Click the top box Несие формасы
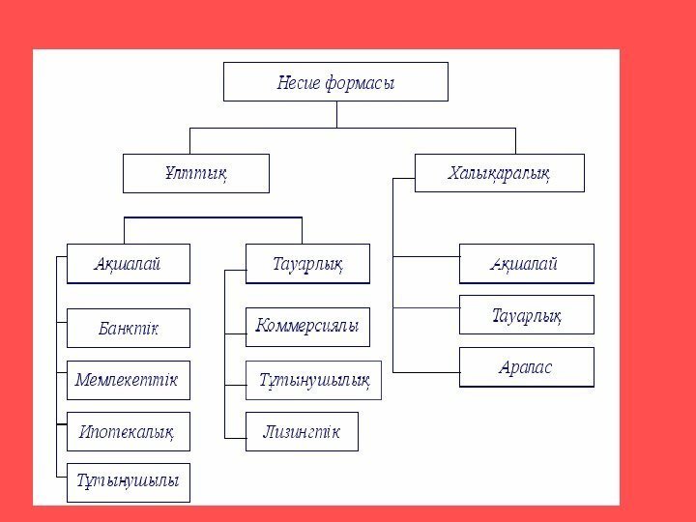click(335, 82)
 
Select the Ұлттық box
click(192, 174)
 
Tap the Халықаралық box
click(500, 173)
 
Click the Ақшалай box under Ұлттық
click(128, 263)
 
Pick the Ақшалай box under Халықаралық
click(527, 264)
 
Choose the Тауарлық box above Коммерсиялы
click(308, 263)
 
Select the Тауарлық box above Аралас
click(527, 314)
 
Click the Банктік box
click(128, 329)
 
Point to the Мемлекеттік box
click(128, 380)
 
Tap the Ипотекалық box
click(128, 431)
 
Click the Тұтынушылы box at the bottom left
click(128, 481)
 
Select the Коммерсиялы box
click(308, 327)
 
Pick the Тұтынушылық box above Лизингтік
click(315, 380)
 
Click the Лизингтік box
click(303, 431)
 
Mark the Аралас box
click(527, 368)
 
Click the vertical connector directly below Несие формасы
click(335, 114)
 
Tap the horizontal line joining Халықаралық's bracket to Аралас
click(425, 370)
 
